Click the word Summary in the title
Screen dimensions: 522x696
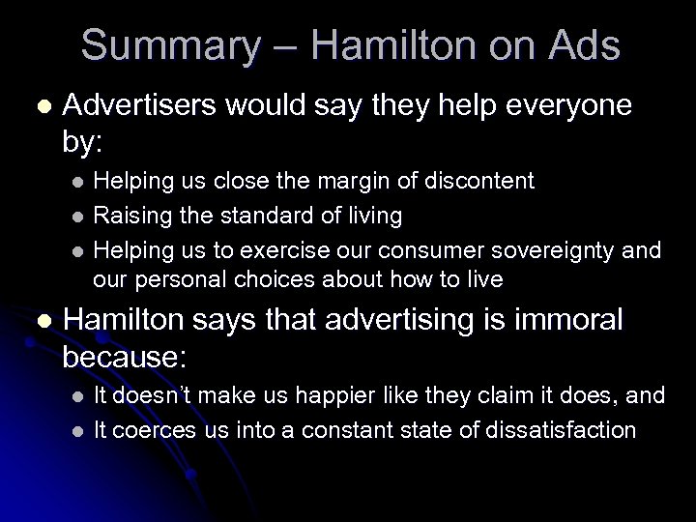(170, 45)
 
